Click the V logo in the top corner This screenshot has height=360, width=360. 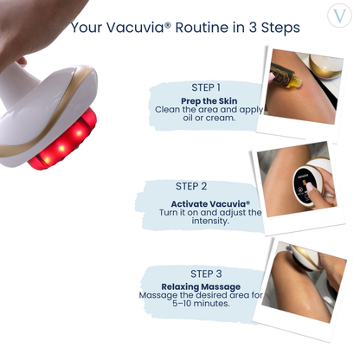[x=339, y=19]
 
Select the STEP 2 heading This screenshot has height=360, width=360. [x=191, y=185]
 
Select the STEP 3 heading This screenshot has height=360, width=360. [x=206, y=273]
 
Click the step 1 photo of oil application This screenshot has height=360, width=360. [x=299, y=87]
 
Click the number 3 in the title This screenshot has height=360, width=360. [x=256, y=27]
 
